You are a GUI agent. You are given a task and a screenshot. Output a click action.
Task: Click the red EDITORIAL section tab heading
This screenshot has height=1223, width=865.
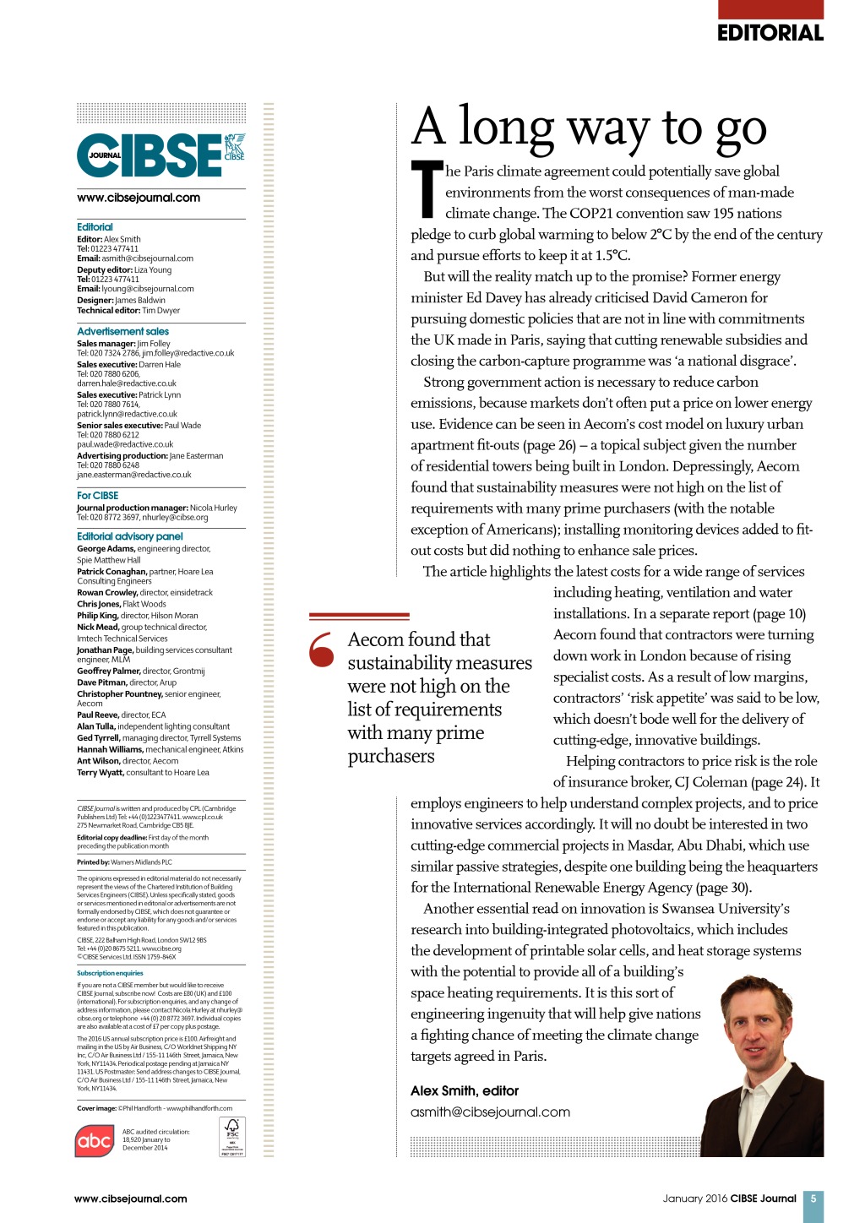click(770, 32)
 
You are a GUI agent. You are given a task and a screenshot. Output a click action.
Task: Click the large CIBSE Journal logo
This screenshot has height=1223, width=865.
click(160, 155)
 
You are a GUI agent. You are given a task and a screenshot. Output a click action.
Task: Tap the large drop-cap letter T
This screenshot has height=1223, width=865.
click(427, 188)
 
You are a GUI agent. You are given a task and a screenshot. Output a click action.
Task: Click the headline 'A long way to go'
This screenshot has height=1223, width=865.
click(589, 128)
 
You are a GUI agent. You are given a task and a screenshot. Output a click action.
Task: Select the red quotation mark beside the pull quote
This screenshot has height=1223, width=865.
click(322, 649)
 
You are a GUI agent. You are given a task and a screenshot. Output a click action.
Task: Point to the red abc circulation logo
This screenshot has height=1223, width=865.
click(94, 1141)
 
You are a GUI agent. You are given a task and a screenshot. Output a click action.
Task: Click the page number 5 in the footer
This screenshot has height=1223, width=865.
click(813, 1198)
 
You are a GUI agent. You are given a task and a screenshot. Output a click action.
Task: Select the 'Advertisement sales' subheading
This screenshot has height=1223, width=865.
click(122, 331)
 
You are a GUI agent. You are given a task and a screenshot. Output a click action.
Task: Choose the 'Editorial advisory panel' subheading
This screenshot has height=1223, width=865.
click(129, 536)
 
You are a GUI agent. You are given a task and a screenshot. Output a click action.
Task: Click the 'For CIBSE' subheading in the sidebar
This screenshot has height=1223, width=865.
click(98, 496)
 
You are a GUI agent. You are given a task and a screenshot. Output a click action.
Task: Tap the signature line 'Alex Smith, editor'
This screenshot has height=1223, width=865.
click(465, 1090)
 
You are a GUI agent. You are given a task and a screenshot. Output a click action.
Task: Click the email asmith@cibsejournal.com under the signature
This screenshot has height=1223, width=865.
click(490, 1112)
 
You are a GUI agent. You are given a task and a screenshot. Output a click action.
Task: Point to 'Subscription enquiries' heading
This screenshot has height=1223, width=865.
click(110, 973)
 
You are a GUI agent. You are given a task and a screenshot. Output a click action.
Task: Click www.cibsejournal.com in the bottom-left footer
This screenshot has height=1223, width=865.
click(130, 1198)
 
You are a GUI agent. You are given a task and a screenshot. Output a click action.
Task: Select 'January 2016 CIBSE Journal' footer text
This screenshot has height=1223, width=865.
click(729, 1198)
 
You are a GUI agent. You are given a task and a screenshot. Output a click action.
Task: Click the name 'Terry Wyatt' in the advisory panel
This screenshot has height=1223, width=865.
click(100, 772)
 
